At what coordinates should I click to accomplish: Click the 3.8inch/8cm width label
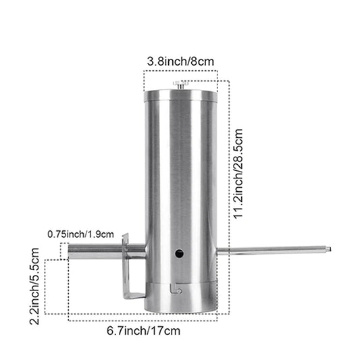click(180, 62)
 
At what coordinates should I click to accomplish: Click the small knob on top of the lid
click(180, 84)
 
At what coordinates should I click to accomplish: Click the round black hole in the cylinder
click(180, 254)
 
